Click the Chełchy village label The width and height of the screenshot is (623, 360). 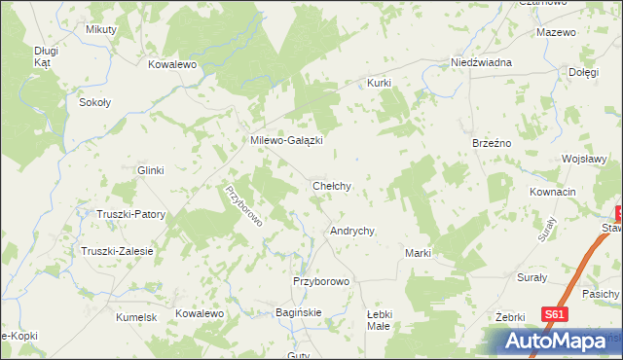coord(331,185)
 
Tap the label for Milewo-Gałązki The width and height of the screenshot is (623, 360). coord(287,140)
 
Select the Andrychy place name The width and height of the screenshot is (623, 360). coord(353,232)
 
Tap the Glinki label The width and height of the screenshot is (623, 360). coord(151,170)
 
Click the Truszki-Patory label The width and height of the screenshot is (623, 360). coord(130,214)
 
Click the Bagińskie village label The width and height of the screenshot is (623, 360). coord(300,312)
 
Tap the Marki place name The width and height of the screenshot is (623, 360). coord(418,253)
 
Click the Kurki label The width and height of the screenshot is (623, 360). coord(379,84)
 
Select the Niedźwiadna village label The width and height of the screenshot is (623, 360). coord(481,62)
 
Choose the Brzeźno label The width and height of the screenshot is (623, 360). coord(492,142)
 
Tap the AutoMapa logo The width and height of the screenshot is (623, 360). coord(553,342)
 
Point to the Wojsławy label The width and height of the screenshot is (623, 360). coord(585,160)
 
